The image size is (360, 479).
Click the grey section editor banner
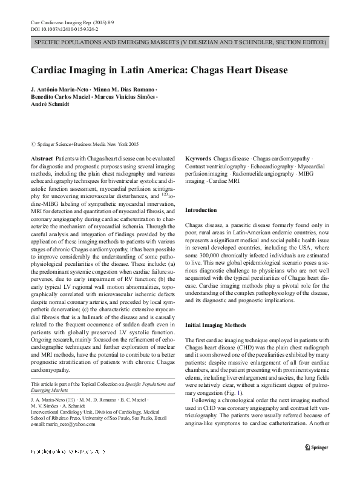pos(180,43)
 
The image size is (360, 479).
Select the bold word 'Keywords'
pos(197,156)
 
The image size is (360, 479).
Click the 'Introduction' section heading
pos(200,210)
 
